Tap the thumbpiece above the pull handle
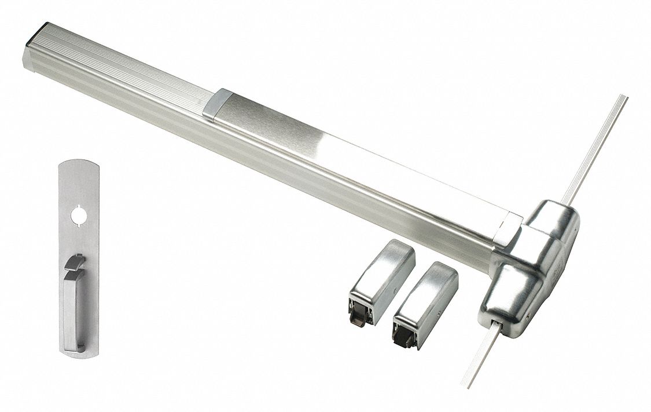pyautogui.click(x=74, y=262)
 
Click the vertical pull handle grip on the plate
pyautogui.click(x=71, y=307)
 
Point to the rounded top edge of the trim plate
pyautogui.click(x=78, y=164)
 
